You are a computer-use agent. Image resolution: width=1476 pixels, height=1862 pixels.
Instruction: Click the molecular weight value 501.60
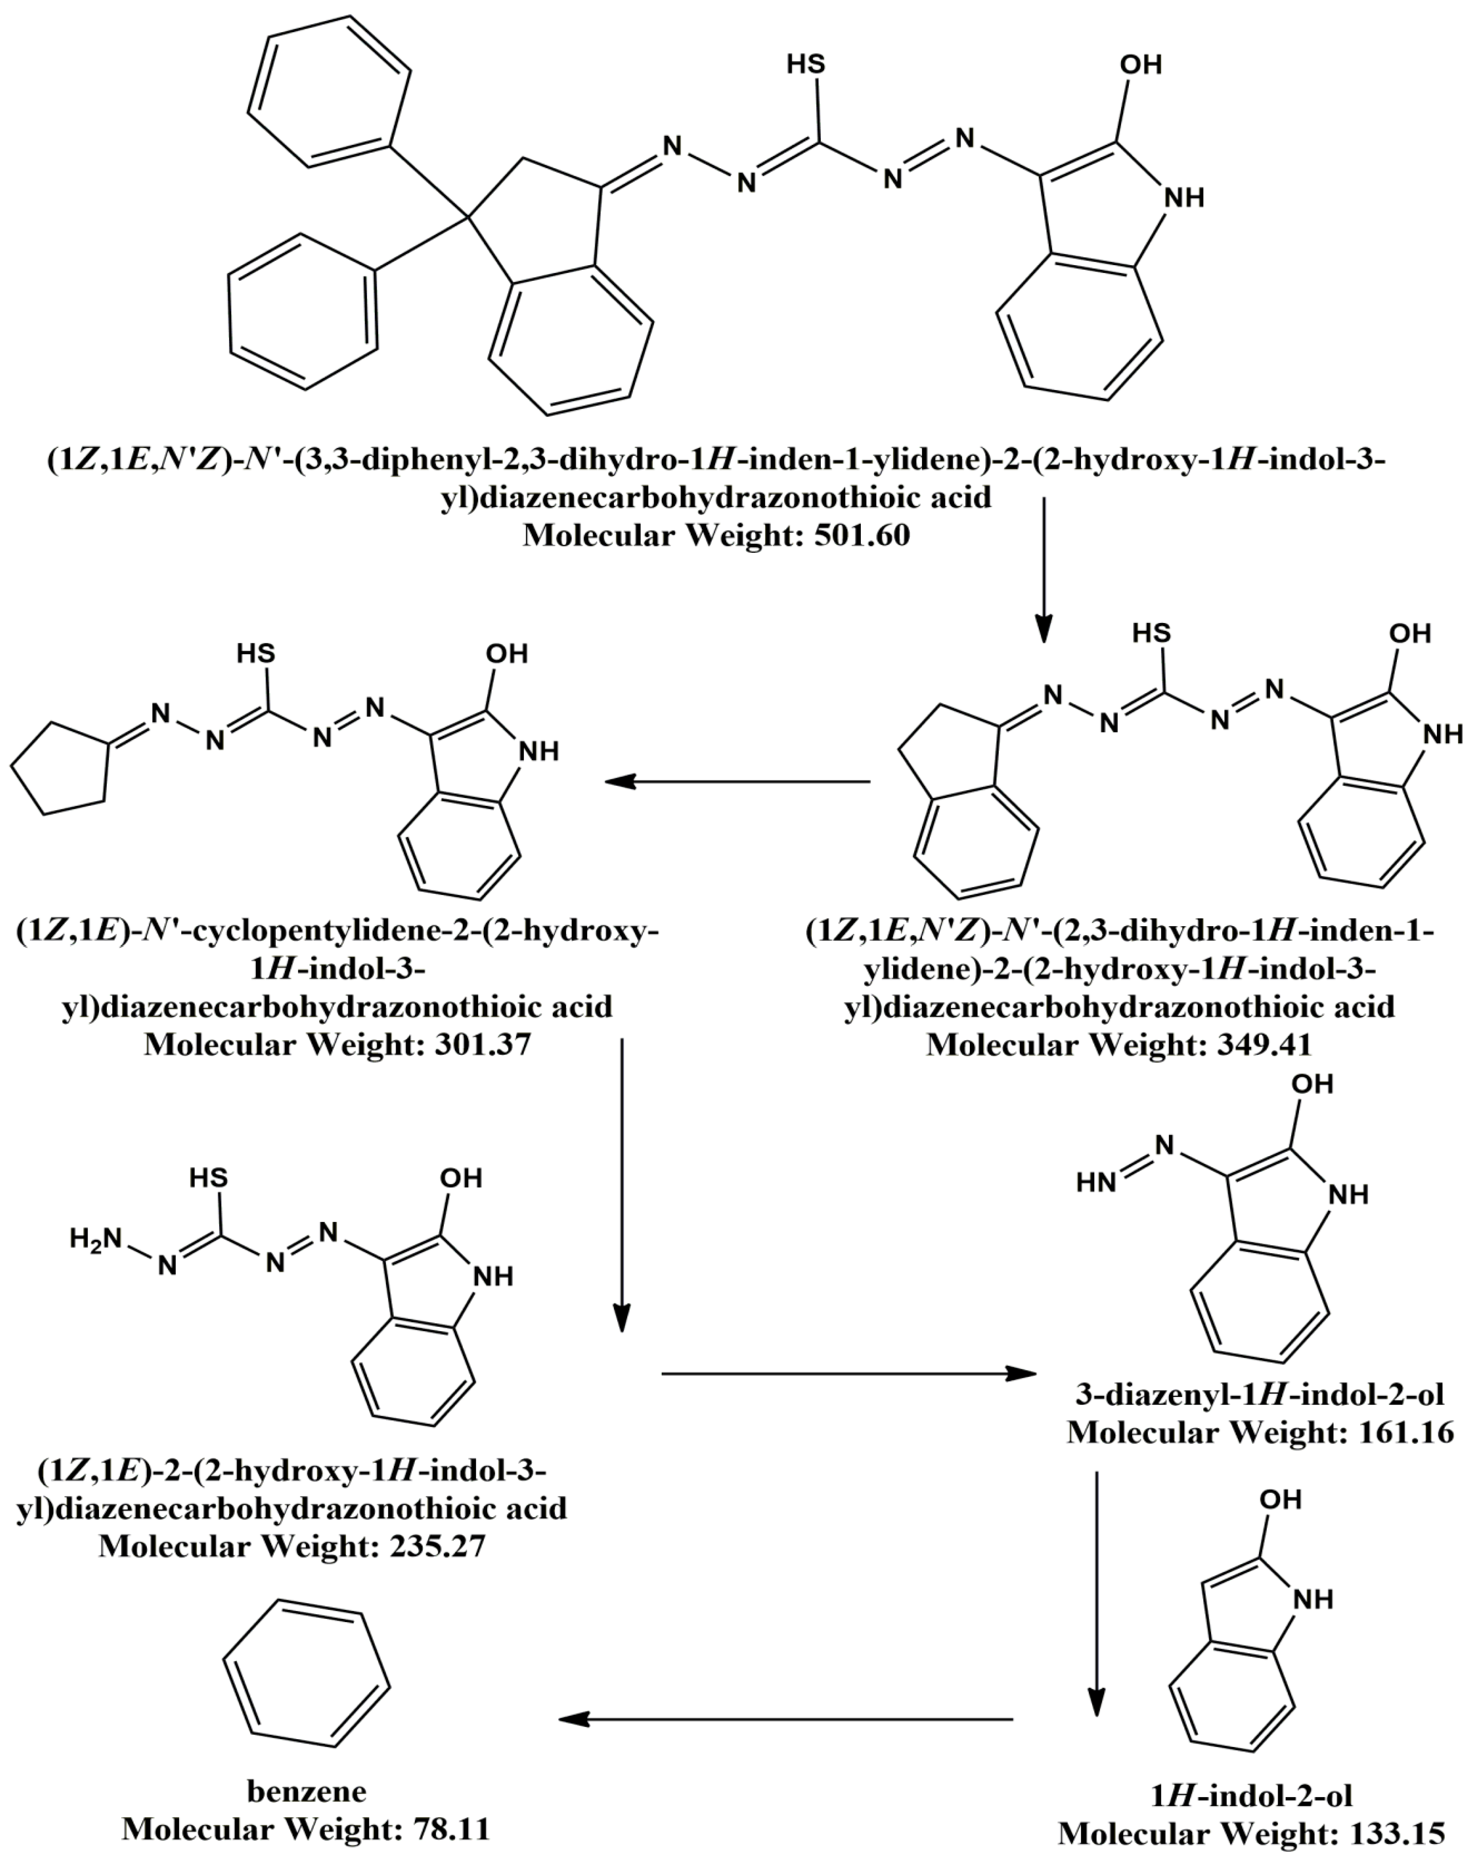point(861,535)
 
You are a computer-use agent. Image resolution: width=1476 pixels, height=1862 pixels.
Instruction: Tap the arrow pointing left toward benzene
point(786,1719)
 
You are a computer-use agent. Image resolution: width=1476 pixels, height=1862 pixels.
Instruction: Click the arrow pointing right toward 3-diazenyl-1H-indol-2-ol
point(848,1373)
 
